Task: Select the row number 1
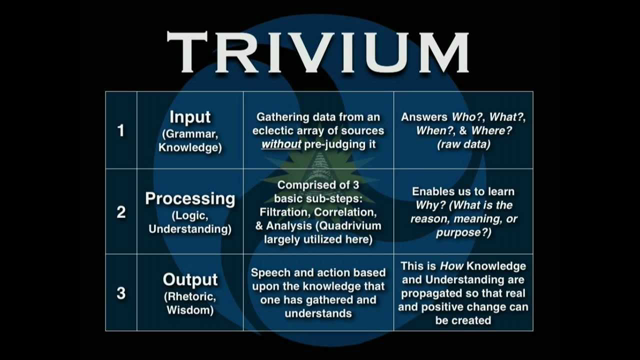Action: click(121, 130)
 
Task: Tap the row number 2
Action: click(121, 212)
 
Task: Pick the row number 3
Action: click(121, 294)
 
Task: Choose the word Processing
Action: click(190, 198)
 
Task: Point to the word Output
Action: click(190, 280)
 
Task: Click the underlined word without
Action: click(281, 143)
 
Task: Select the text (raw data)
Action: click(463, 143)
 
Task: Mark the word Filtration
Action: click(292, 211)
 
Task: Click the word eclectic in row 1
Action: click(275, 130)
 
